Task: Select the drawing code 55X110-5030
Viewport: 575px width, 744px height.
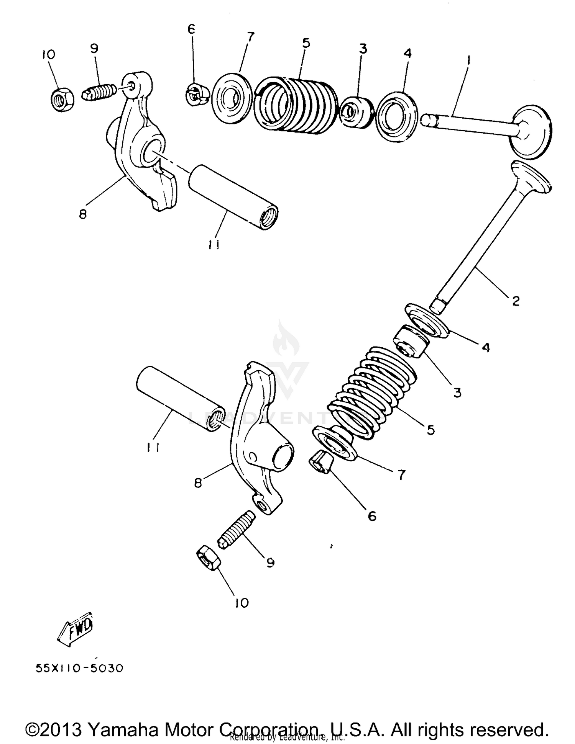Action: click(x=80, y=669)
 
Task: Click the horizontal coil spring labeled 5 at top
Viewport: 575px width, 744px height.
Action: click(x=295, y=105)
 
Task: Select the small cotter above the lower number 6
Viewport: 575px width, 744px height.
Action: click(x=320, y=462)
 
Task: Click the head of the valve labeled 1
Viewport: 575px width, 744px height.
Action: click(x=531, y=132)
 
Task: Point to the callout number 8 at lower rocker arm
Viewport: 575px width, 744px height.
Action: click(x=198, y=483)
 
